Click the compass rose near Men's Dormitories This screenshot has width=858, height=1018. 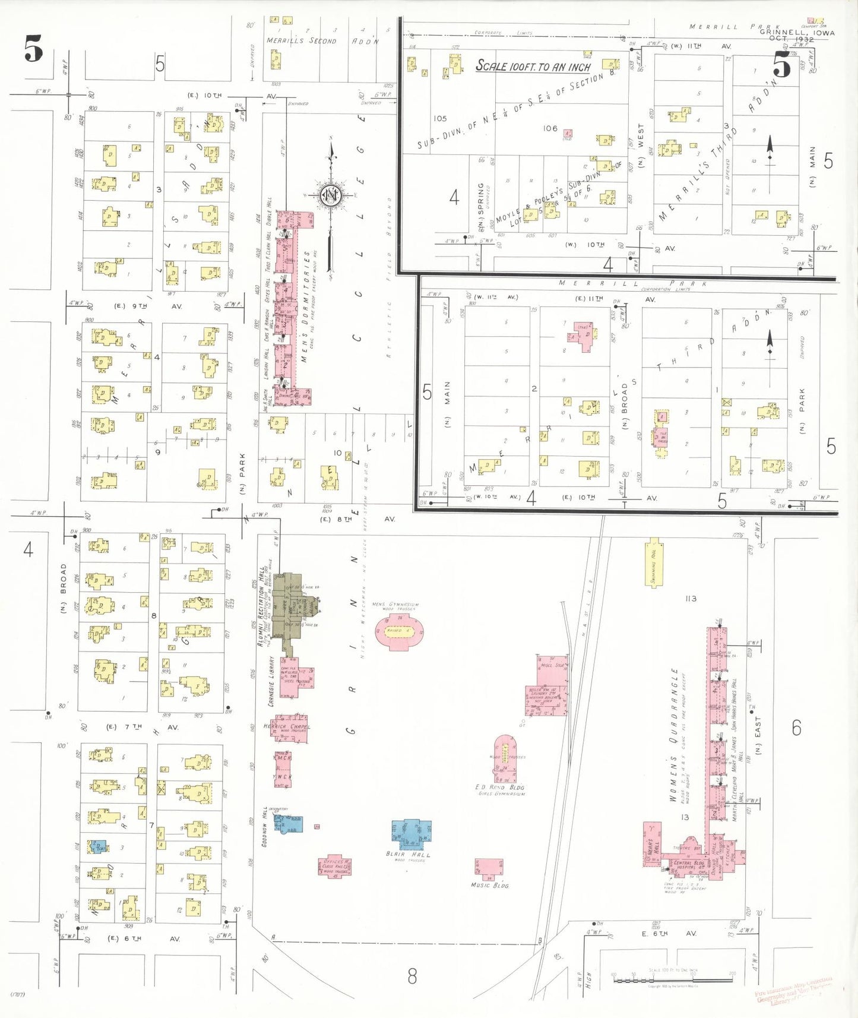(330, 195)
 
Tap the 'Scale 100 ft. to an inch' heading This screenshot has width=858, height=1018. (533, 66)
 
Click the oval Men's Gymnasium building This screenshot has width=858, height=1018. (399, 631)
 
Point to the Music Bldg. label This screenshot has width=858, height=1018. (489, 885)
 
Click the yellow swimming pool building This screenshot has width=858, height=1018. (654, 562)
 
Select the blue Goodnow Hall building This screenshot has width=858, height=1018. (289, 823)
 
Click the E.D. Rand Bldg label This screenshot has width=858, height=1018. (499, 787)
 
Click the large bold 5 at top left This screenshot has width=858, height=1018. (33, 49)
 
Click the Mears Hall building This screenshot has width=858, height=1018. (652, 843)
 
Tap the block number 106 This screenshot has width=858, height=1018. (550, 128)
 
